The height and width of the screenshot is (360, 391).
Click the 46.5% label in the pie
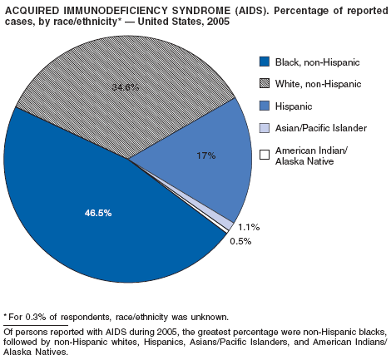pos(98,213)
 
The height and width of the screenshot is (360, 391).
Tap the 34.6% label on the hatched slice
pos(126,87)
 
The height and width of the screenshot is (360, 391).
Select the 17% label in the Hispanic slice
pos(206,155)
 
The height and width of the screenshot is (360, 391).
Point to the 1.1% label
pos(249,227)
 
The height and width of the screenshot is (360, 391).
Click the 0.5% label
pos(240,241)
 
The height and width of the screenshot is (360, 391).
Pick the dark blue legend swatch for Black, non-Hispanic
pos(265,62)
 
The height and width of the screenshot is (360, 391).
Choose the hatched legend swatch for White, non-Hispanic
pos(265,83)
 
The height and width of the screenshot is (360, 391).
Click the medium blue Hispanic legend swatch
pos(265,106)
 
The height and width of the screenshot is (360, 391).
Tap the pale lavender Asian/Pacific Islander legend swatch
pos(265,128)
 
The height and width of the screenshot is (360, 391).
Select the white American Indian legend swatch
pos(265,155)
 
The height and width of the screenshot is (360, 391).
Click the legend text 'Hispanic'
pos(294,106)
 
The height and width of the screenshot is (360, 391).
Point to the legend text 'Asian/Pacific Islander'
pos(321,128)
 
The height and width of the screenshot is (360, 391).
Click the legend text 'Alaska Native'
pos(304,161)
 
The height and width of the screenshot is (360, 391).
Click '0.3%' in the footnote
pos(35,317)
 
